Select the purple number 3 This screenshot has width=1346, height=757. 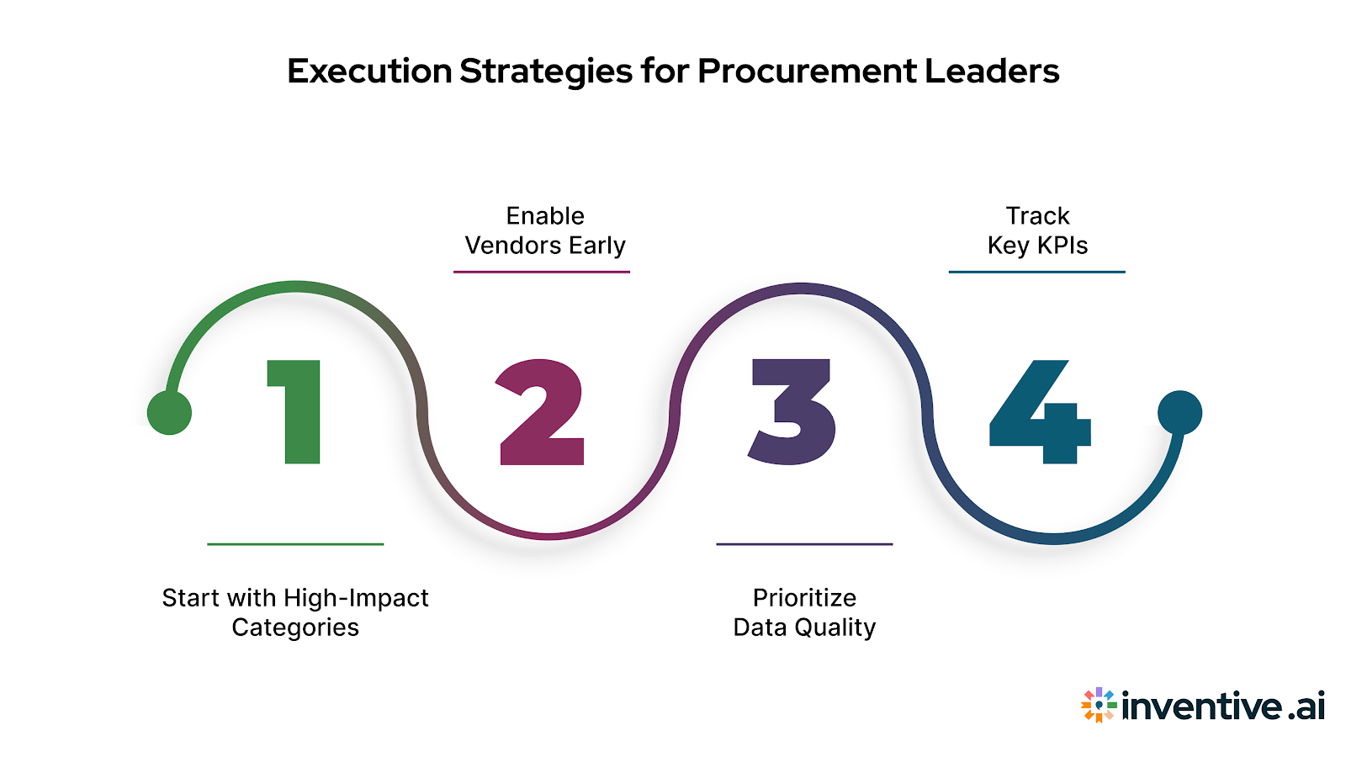[792, 411]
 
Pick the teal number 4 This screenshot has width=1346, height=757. [1040, 412]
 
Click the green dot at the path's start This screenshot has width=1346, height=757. [169, 413]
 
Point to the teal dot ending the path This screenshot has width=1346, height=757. [1179, 412]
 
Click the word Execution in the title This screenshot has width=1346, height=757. [369, 71]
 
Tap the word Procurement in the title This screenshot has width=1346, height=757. [807, 71]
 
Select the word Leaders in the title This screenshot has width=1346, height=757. [992, 71]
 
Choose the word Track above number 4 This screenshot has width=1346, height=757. [1037, 216]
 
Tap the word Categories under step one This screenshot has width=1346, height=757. [295, 627]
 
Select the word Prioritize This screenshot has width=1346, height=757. [804, 598]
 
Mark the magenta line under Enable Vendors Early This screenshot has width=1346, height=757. [542, 272]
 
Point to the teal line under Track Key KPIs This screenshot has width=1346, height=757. [1036, 272]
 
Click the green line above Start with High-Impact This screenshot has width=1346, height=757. [295, 544]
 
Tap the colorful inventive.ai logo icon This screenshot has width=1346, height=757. [1099, 705]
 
